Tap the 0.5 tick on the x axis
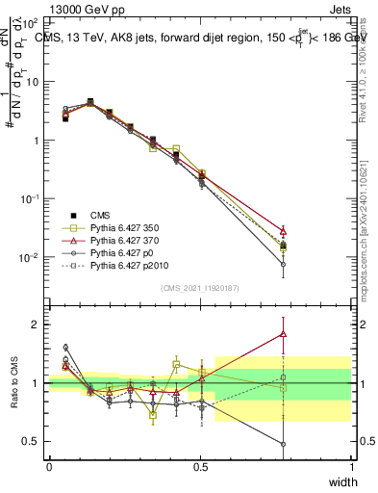click(x=200, y=467)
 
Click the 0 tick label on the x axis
click(x=49, y=467)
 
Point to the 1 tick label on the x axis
click(x=352, y=467)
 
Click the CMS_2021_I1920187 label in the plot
click(x=199, y=288)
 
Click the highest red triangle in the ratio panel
click(x=282, y=334)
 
